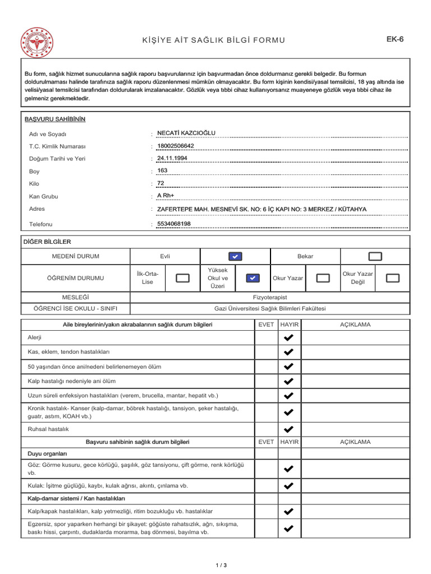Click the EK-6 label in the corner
coord(395,39)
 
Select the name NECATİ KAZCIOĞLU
coord(186,133)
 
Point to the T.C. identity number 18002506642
coord(176,146)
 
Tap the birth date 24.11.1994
coord(172,158)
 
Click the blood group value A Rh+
coord(166,196)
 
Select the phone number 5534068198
coord(174,224)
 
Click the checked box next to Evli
coord(236,256)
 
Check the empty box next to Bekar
coord(375,256)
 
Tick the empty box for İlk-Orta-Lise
coord(182,278)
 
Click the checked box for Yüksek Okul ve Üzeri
coord(253,278)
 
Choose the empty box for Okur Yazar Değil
coord(393,278)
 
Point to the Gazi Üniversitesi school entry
coord(270,309)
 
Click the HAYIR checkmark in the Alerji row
coord(288,337)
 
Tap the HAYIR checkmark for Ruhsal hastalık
coord(288,429)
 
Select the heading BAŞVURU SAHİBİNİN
coord(55,119)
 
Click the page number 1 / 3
coord(221,565)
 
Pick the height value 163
coord(163,170)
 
